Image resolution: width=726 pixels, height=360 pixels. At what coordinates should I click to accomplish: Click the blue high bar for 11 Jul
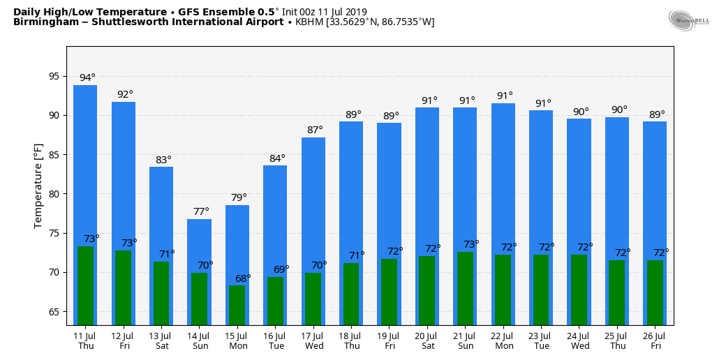point(85,160)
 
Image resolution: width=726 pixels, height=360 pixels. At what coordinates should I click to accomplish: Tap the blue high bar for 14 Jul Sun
point(199,244)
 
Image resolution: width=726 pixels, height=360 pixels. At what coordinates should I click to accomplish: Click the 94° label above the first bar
point(87,77)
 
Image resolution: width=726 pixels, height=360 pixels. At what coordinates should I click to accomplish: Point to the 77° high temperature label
point(201,211)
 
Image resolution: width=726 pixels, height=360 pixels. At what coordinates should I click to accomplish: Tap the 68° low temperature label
point(243,278)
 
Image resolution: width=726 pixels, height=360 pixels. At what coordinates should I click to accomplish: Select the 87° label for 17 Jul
point(315,130)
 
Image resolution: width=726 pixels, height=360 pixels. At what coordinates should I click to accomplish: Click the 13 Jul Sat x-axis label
point(161,340)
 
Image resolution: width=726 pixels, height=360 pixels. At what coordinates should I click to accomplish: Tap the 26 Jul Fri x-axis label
point(655,340)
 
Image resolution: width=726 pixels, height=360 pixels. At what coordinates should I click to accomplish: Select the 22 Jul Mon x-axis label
point(503,340)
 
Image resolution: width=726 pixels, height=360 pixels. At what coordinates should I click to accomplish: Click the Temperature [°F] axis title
point(38,186)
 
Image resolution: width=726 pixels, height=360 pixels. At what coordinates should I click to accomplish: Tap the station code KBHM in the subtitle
point(309,22)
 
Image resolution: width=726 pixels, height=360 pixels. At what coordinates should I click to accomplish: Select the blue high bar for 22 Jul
point(503,174)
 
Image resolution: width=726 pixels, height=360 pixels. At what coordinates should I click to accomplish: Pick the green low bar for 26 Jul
point(655,292)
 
